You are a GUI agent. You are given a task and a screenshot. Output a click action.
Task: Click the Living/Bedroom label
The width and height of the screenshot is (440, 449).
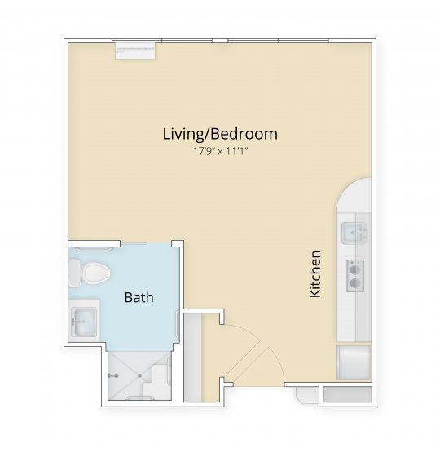pyautogui.click(x=220, y=133)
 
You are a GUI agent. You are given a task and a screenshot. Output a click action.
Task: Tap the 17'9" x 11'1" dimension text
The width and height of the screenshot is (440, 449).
pyautogui.click(x=220, y=150)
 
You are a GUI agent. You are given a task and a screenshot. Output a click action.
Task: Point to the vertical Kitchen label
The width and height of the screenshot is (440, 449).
pyautogui.click(x=316, y=273)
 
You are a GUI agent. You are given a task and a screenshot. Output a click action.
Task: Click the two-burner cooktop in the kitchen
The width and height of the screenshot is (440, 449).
pyautogui.click(x=355, y=274)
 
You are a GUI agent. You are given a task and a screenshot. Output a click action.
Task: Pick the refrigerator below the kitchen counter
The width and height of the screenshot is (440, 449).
pyautogui.click(x=353, y=362)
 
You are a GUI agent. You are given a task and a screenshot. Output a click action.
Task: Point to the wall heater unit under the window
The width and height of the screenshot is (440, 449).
pyautogui.click(x=135, y=48)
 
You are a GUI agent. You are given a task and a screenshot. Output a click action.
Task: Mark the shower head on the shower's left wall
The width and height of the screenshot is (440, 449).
pyautogui.click(x=113, y=376)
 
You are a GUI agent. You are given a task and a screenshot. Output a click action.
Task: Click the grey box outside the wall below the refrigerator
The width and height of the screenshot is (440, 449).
pyautogui.click(x=347, y=394)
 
